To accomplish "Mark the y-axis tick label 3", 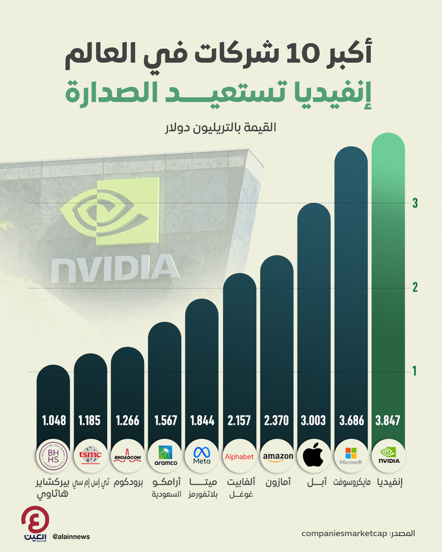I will pos(415,203).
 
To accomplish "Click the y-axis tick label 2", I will pos(415,287).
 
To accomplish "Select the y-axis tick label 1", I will pos(415,372).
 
